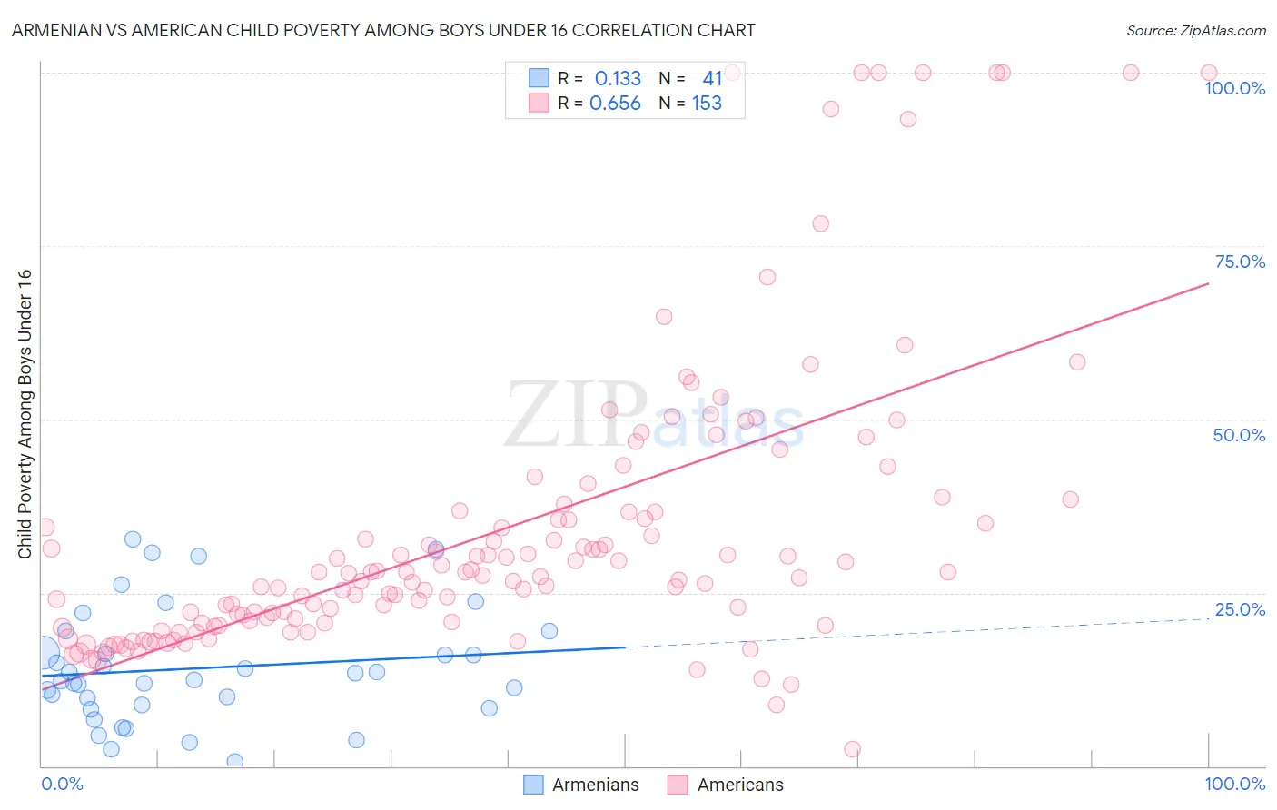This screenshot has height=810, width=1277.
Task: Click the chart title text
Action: click(x=383, y=30)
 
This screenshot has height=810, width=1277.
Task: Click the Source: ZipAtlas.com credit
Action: click(x=1195, y=30)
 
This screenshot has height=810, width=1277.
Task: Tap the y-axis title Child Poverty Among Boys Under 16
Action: click(x=25, y=414)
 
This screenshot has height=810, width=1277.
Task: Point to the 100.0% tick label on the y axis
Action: click(x=1234, y=88)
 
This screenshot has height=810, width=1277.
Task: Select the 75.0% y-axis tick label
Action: click(x=1240, y=262)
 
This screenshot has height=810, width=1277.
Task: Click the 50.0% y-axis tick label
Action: click(x=1239, y=435)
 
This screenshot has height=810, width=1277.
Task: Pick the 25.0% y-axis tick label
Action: click(x=1240, y=609)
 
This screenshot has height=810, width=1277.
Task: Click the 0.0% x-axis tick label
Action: click(x=62, y=784)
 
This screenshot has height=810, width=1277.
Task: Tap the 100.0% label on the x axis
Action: click(x=1234, y=784)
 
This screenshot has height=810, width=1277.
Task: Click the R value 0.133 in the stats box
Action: click(x=618, y=79)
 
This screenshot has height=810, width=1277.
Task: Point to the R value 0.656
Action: click(x=615, y=104)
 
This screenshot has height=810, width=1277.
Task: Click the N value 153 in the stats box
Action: click(x=707, y=104)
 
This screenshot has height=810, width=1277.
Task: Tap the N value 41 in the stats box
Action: click(x=712, y=79)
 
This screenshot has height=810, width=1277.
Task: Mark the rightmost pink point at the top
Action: click(x=1209, y=73)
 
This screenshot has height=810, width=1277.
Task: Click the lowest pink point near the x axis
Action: click(x=852, y=749)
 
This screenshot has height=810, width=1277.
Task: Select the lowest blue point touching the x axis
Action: click(x=234, y=761)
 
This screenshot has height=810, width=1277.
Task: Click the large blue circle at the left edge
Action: click(x=43, y=652)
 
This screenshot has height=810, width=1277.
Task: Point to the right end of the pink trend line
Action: click(x=1208, y=284)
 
